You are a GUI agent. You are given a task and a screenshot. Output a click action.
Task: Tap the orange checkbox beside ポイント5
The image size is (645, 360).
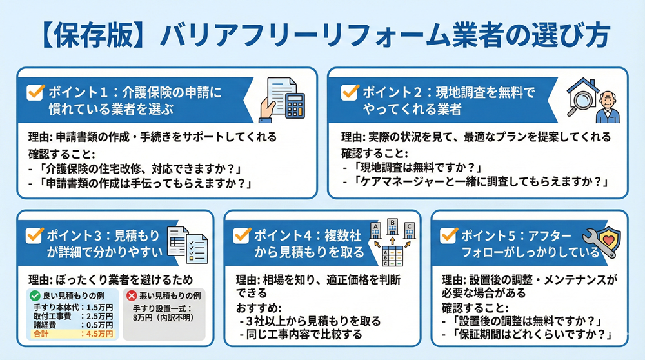(x=448, y=234)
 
